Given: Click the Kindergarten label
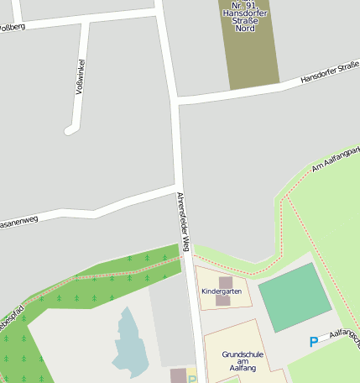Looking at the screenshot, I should coord(222,291).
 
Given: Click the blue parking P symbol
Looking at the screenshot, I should coord(314,342).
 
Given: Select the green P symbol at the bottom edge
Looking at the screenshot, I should coord(191,379).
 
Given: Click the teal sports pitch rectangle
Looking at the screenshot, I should coord(295,296).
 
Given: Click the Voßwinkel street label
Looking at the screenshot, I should coord(81,76).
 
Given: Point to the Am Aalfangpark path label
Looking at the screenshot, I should coord(335,159).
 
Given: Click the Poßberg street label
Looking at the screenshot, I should coord(12,27).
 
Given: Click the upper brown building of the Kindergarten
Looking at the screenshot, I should coord(226,282).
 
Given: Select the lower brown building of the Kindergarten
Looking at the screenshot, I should coord(222,300).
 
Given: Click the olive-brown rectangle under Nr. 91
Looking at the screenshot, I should coord(250,59).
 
